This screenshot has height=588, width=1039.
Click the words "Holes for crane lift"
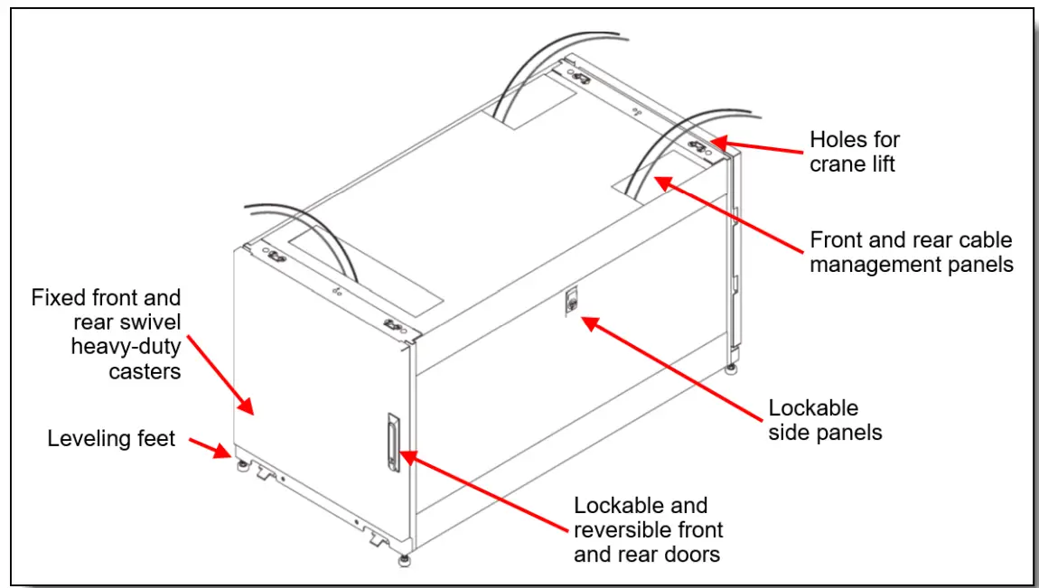click(854, 152)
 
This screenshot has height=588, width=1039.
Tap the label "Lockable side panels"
click(825, 420)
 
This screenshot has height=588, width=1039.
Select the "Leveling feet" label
click(111, 438)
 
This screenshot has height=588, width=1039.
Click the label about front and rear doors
click(648, 529)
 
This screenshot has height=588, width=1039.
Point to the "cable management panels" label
click(911, 252)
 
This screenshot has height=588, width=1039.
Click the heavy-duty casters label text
click(106, 334)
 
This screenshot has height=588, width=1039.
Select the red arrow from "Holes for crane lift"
click(756, 146)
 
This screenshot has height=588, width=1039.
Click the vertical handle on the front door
click(394, 442)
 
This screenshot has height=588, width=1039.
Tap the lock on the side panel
click(570, 302)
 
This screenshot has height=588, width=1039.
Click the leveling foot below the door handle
click(404, 561)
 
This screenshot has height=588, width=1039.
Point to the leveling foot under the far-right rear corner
click(731, 369)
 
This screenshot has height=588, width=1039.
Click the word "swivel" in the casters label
click(150, 322)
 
